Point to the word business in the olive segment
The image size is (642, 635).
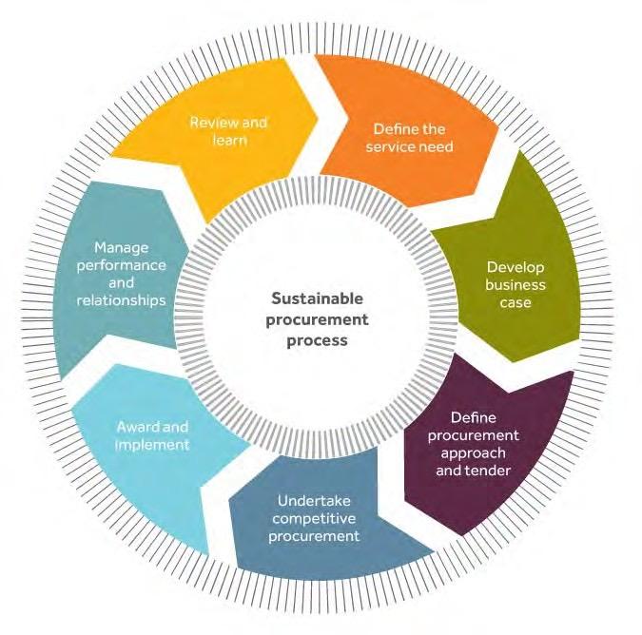click(515, 284)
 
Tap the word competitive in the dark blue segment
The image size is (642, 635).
click(315, 518)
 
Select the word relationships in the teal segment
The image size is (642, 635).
click(124, 299)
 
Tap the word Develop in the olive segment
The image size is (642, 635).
click(515, 267)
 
